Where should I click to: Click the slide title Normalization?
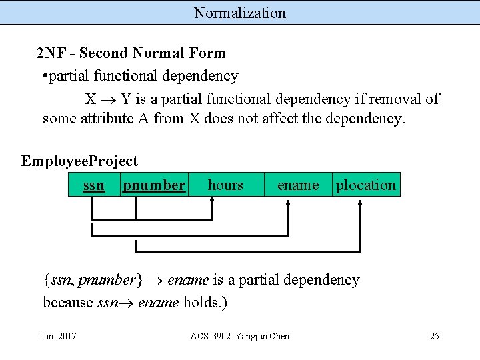coord(240,13)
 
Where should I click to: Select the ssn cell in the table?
coord(93,185)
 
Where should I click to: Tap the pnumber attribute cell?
coord(154,185)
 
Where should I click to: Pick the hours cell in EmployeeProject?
coord(225,185)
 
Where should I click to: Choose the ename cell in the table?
coord(297,185)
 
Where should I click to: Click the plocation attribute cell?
coord(365,185)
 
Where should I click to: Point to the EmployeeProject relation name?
coord(79,161)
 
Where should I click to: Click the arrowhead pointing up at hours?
coord(212,201)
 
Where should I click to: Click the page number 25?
coord(434,336)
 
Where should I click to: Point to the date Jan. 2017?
coord(58,336)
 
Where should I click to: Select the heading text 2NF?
coord(49,53)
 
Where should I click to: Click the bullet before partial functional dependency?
coord(44,77)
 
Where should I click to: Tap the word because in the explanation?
coord(68,303)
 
